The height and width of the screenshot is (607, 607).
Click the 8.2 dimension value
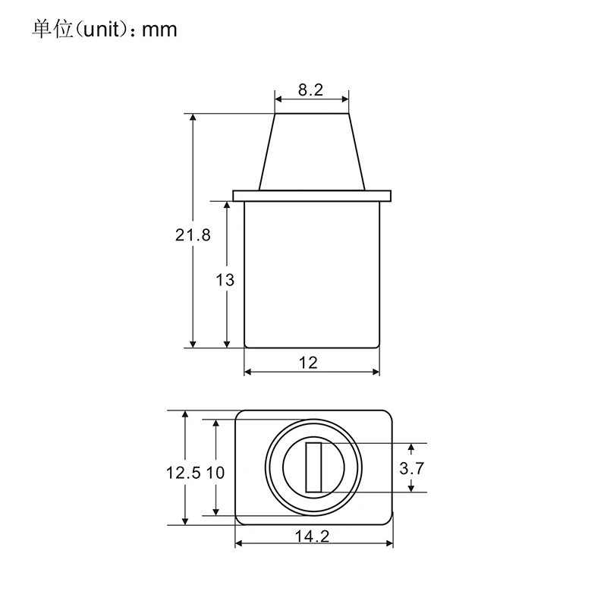click(310, 90)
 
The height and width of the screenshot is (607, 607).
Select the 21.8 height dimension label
click(193, 235)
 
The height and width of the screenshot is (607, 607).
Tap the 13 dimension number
click(225, 280)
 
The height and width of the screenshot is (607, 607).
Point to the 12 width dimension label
click(308, 363)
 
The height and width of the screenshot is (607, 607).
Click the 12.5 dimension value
click(184, 473)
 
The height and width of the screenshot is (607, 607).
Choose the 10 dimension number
click(215, 473)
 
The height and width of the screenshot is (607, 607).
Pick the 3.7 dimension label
click(412, 468)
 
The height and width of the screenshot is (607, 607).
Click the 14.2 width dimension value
click(312, 536)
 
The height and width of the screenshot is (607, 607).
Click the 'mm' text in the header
click(159, 30)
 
